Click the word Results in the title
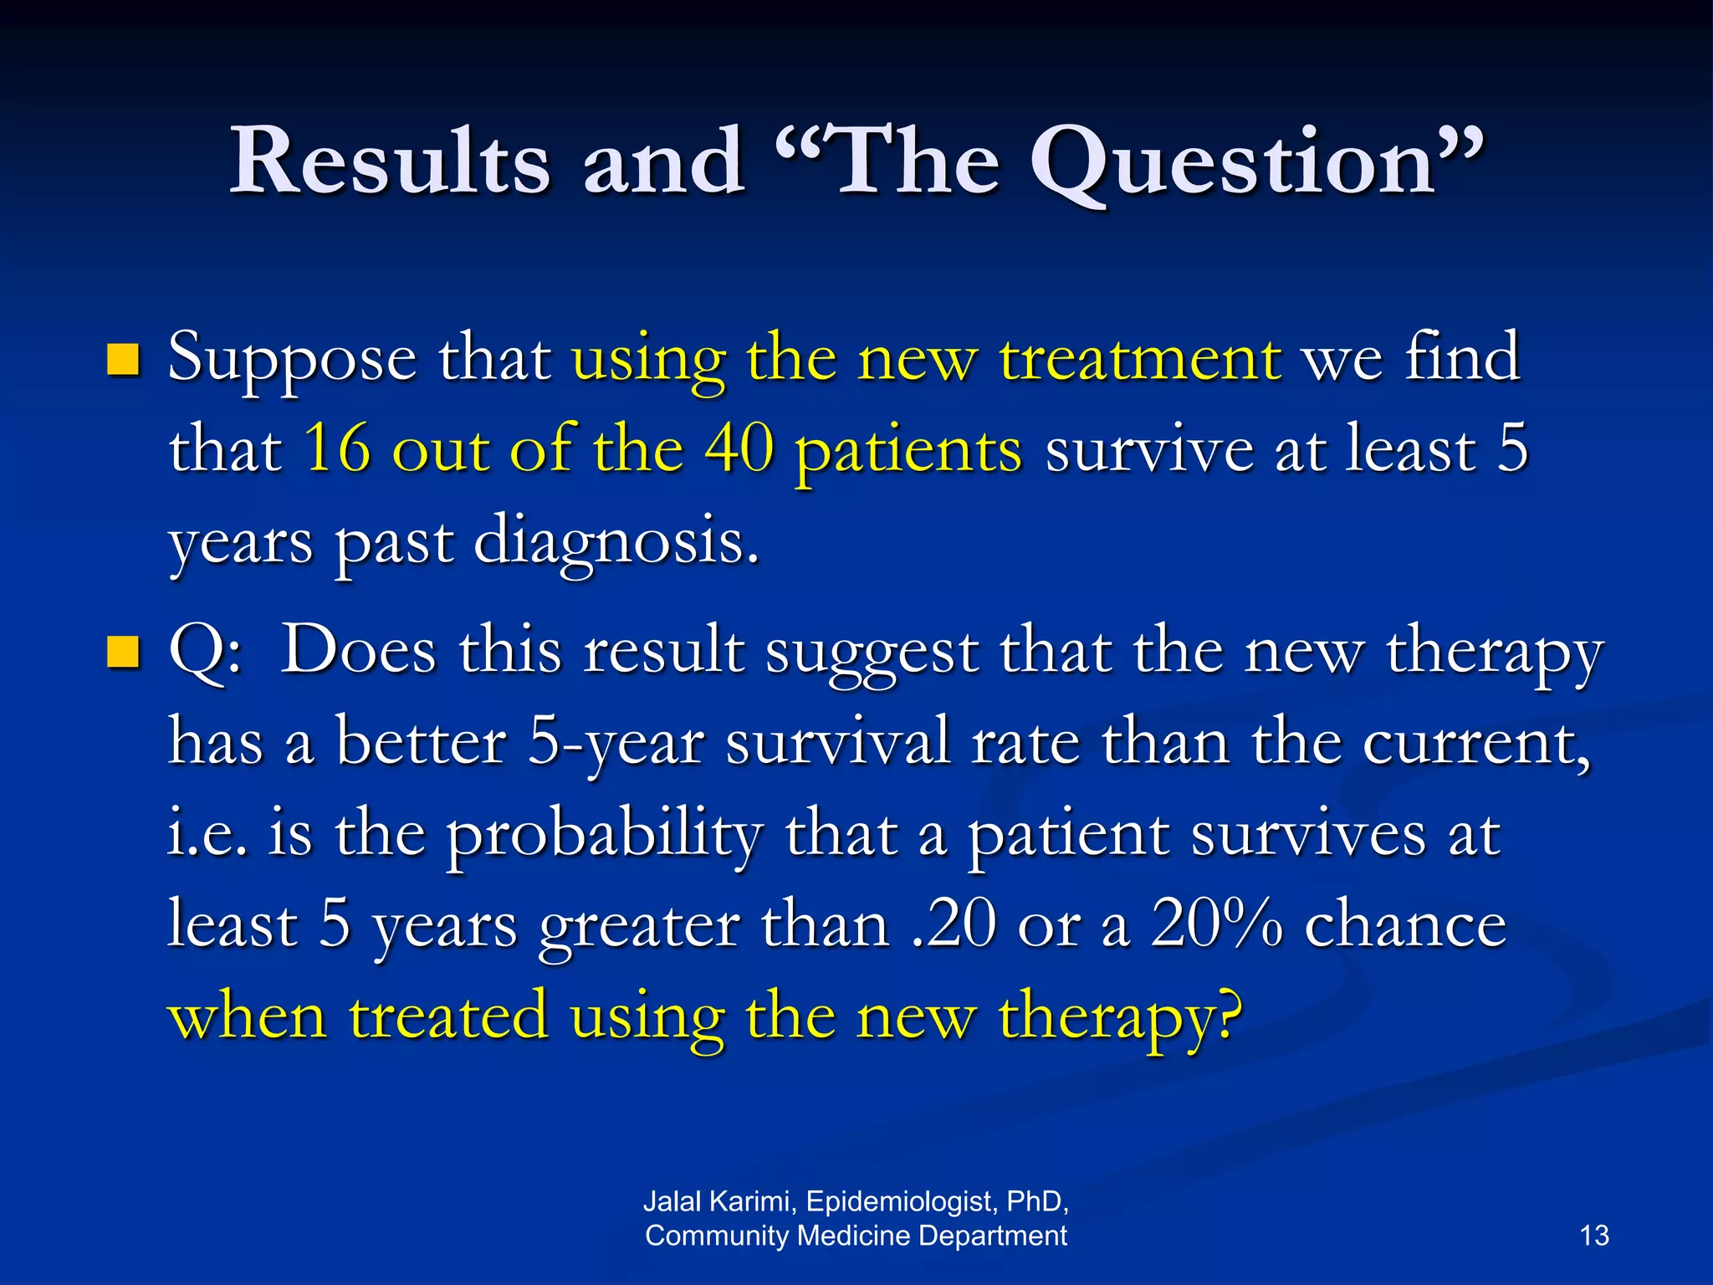point(390,161)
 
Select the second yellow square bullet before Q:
point(124,653)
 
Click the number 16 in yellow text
point(337,448)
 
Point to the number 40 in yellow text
point(739,448)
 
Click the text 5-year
point(616,743)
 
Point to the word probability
point(604,835)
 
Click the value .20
point(954,925)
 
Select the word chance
point(1405,925)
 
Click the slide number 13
point(1594,1236)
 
